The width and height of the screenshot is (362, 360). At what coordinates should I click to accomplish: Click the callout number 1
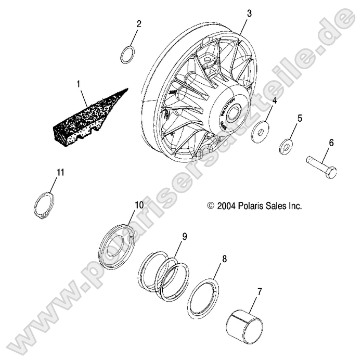tap(79, 83)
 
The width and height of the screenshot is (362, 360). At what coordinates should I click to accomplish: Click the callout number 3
tap(249, 14)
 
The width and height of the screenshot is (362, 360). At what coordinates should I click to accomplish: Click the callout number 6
tap(330, 142)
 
